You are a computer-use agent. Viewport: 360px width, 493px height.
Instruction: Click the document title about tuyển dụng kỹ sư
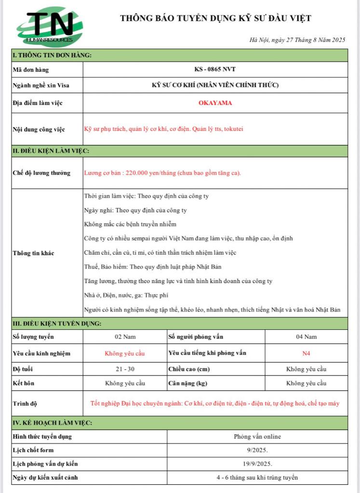[215, 18]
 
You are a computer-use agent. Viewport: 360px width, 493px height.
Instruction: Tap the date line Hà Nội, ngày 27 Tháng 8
[297, 40]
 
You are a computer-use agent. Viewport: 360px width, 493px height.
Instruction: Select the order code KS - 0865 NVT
[215, 69]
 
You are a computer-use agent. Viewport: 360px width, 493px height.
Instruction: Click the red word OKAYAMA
[215, 103]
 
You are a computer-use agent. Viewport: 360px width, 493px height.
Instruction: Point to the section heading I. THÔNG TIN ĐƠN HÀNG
[52, 55]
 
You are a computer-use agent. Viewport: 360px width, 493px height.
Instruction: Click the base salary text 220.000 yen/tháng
[162, 173]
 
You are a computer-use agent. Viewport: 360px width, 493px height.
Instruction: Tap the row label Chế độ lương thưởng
[41, 173]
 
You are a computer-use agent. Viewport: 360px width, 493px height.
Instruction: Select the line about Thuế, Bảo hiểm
[153, 267]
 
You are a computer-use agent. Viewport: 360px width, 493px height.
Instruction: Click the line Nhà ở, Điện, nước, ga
[126, 295]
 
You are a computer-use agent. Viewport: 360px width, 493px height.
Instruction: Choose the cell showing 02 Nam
[125, 337]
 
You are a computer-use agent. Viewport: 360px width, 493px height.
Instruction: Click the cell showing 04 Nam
[306, 337]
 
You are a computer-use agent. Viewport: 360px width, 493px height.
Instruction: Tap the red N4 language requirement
[306, 353]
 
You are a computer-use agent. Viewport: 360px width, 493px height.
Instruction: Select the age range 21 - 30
[125, 369]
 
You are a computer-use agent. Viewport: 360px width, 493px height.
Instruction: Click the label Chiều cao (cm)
[190, 369]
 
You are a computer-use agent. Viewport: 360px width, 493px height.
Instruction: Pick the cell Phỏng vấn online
[257, 437]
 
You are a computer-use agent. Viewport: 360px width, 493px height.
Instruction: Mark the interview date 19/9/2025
[257, 464]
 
